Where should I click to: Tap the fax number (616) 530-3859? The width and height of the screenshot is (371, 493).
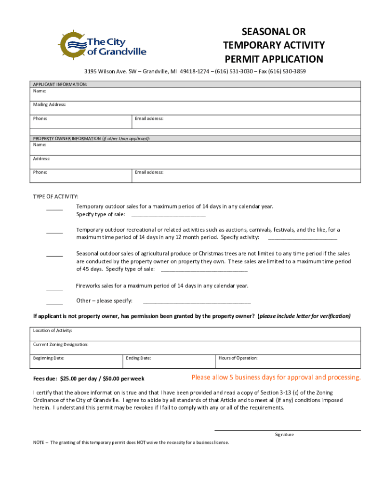click(288, 71)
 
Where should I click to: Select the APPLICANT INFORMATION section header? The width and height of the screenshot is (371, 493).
click(60, 84)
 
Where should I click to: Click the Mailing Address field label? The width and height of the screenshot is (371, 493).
click(49, 104)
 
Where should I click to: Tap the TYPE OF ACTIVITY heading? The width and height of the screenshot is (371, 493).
click(55, 196)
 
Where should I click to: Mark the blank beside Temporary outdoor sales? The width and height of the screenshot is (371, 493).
click(54, 208)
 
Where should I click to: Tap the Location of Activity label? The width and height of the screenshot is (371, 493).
click(53, 330)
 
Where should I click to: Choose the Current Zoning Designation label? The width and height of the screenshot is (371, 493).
click(61, 344)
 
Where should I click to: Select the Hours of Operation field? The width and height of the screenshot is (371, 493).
click(287, 361)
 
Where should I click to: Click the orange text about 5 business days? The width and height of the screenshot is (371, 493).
click(276, 377)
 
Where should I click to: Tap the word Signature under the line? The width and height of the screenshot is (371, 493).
click(284, 434)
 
